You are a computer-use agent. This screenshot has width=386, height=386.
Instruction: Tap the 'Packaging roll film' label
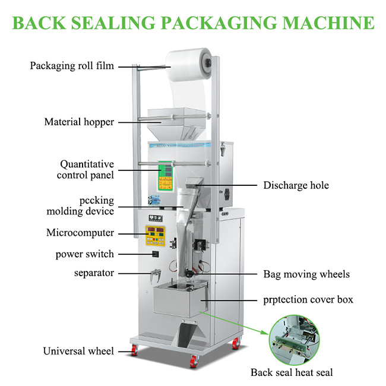(x=72, y=66)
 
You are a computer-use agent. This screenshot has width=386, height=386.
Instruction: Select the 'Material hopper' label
(x=79, y=122)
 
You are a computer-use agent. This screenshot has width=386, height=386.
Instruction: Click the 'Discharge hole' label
(x=296, y=185)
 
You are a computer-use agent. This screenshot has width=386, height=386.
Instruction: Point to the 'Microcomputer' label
(x=80, y=233)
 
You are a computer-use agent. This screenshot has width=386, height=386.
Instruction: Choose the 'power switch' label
(x=84, y=254)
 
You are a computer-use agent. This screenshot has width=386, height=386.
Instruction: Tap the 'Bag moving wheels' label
(x=306, y=274)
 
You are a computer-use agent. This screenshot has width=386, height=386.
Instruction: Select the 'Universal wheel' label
(x=78, y=351)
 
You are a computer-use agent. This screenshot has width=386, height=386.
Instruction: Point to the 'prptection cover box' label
(x=308, y=299)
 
